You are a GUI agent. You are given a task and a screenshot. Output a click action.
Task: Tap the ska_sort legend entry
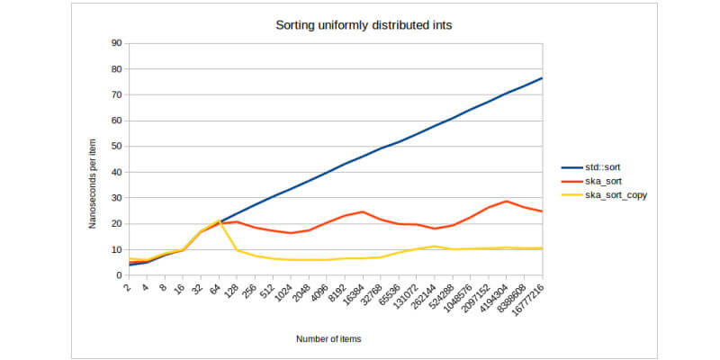(598, 181)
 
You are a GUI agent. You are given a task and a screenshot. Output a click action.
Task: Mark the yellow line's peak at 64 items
(219, 220)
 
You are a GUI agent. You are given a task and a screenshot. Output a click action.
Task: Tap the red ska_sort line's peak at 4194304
(507, 201)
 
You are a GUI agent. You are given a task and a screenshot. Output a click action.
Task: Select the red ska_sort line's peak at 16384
(363, 211)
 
